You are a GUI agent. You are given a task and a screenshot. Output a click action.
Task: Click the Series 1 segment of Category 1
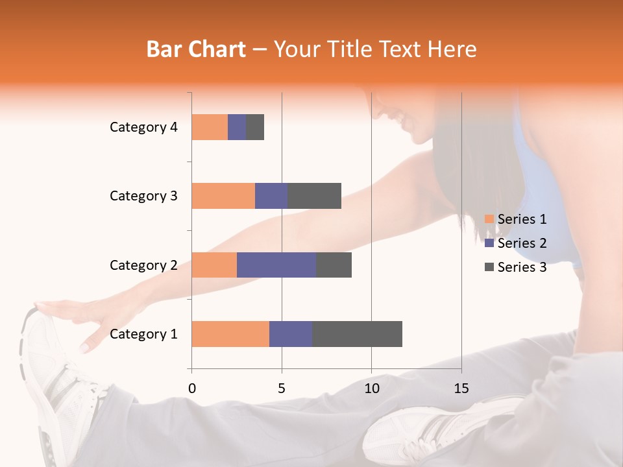tap(230, 334)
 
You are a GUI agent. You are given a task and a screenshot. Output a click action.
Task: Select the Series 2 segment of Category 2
tap(276, 265)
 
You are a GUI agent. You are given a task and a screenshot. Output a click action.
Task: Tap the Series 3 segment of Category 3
tap(314, 196)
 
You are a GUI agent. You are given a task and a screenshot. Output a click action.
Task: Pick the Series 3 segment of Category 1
tap(357, 334)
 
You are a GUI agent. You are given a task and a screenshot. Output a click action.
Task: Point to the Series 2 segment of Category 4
tap(237, 127)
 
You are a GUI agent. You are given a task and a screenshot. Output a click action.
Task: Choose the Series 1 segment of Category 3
tap(223, 196)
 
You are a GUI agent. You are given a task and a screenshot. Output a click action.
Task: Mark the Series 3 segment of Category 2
tap(334, 265)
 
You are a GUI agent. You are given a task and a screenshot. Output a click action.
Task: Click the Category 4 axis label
tap(143, 127)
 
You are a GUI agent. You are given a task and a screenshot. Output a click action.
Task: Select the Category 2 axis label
tap(143, 265)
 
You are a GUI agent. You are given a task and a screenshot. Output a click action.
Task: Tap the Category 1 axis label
tap(143, 334)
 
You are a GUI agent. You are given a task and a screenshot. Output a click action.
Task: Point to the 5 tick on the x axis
tap(282, 389)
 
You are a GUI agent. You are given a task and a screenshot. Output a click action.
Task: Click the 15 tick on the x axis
tap(461, 389)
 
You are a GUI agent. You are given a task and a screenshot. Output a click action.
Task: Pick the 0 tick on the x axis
tap(191, 389)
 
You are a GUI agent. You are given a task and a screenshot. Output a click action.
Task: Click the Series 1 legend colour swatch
tap(489, 219)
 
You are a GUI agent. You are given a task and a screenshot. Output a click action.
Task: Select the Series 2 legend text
tap(522, 243)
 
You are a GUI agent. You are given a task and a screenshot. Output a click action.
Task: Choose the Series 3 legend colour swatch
tap(489, 267)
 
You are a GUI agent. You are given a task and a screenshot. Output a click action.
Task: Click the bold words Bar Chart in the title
tap(196, 49)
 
